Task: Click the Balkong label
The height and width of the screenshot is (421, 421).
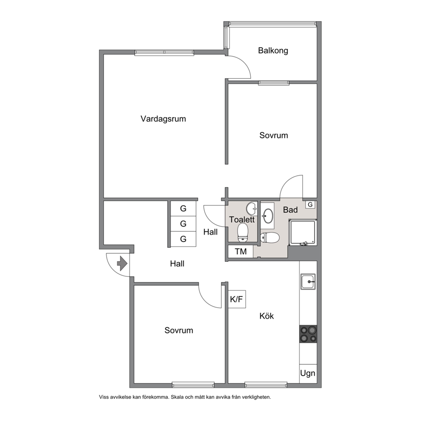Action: click(273, 51)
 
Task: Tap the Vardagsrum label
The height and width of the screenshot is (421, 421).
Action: click(163, 119)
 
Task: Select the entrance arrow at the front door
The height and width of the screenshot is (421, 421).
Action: click(122, 264)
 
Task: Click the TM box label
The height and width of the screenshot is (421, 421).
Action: click(241, 252)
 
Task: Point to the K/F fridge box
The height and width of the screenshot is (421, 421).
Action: click(236, 299)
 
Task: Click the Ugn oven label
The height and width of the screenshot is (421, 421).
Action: click(308, 373)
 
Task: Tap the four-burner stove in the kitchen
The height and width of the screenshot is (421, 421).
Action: click(308, 334)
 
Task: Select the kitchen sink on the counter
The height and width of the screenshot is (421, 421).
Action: click(308, 282)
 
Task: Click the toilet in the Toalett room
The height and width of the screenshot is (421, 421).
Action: click(243, 233)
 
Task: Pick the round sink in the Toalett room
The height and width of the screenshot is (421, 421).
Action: click(252, 209)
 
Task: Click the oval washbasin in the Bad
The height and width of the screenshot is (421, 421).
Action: click(268, 216)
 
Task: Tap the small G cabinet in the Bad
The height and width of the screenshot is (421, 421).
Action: click(310, 205)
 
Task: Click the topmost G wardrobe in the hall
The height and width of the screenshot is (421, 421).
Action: click(183, 208)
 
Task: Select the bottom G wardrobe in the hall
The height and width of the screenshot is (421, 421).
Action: click(183, 239)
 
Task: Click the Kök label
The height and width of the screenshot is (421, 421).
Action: click(267, 316)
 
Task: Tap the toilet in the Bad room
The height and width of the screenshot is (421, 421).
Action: click(270, 237)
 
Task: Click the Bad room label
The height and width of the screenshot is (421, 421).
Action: click(290, 210)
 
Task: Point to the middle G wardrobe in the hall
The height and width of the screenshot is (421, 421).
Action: click(183, 224)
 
